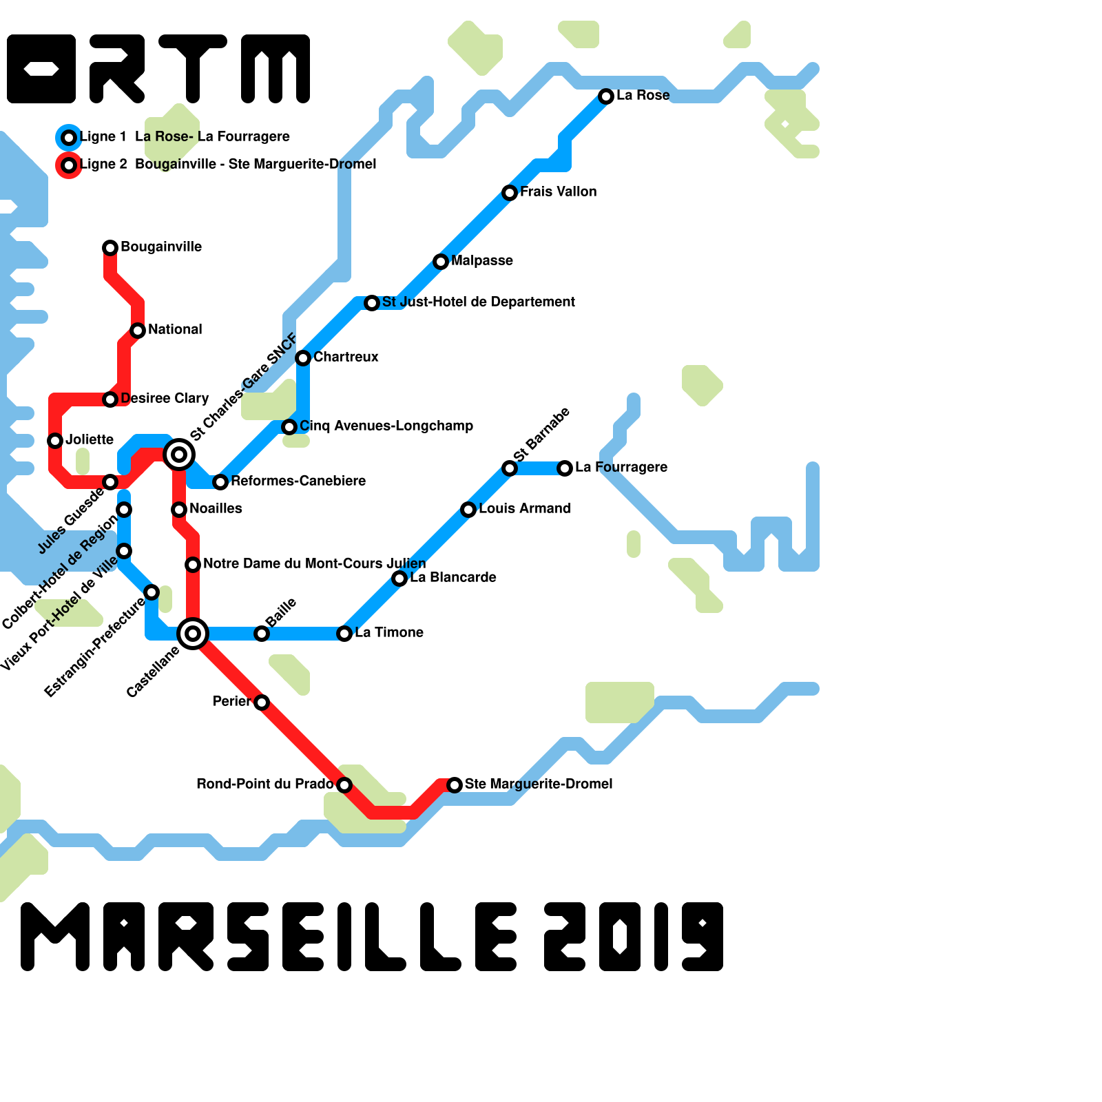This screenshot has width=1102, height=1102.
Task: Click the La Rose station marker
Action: [606, 96]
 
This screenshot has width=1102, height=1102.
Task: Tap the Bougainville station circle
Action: [110, 248]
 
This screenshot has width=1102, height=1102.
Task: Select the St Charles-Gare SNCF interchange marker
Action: [179, 455]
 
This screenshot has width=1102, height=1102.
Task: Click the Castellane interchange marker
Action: [193, 634]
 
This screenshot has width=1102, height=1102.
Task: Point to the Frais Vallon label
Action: [558, 192]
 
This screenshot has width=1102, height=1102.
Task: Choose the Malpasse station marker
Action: [441, 262]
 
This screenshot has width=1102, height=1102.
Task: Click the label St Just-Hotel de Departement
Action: [478, 302]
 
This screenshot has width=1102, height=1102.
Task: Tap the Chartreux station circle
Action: [303, 358]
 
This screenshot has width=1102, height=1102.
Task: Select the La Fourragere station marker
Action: [565, 468]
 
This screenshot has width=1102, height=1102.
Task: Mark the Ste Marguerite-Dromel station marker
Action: [455, 785]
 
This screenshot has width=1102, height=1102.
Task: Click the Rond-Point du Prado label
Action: [264, 784]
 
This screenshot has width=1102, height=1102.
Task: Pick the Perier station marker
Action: [262, 703]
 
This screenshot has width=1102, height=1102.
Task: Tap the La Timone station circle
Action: [344, 634]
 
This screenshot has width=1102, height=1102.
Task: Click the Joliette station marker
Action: [55, 441]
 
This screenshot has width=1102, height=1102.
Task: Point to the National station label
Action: [175, 330]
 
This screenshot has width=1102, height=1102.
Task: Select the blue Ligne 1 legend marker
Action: [69, 138]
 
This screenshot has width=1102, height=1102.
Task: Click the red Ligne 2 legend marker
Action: [69, 165]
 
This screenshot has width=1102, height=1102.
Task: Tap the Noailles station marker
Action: [179, 510]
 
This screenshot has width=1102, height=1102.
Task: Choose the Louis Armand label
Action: [524, 509]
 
